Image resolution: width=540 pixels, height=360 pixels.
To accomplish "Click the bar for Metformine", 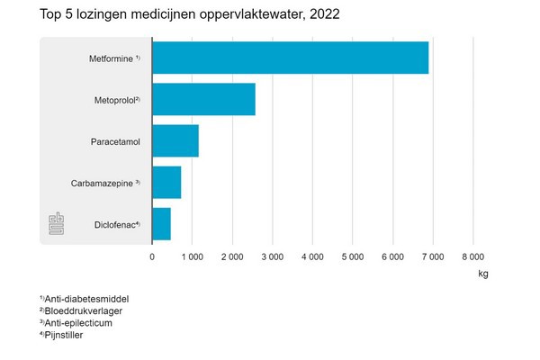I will [x=290, y=58].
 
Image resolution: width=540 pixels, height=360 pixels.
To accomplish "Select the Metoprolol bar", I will [x=203, y=99].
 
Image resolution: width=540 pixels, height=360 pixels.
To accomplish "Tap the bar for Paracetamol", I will [x=175, y=141].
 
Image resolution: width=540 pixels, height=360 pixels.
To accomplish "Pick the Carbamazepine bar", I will [x=166, y=183].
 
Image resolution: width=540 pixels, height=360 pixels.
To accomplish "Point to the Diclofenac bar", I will [x=161, y=224].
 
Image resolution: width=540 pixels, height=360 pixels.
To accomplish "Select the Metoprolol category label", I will [x=117, y=100].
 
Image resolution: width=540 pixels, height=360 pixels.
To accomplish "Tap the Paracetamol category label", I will [x=115, y=141].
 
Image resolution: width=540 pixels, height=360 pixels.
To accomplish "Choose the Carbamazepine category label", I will [x=105, y=183].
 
